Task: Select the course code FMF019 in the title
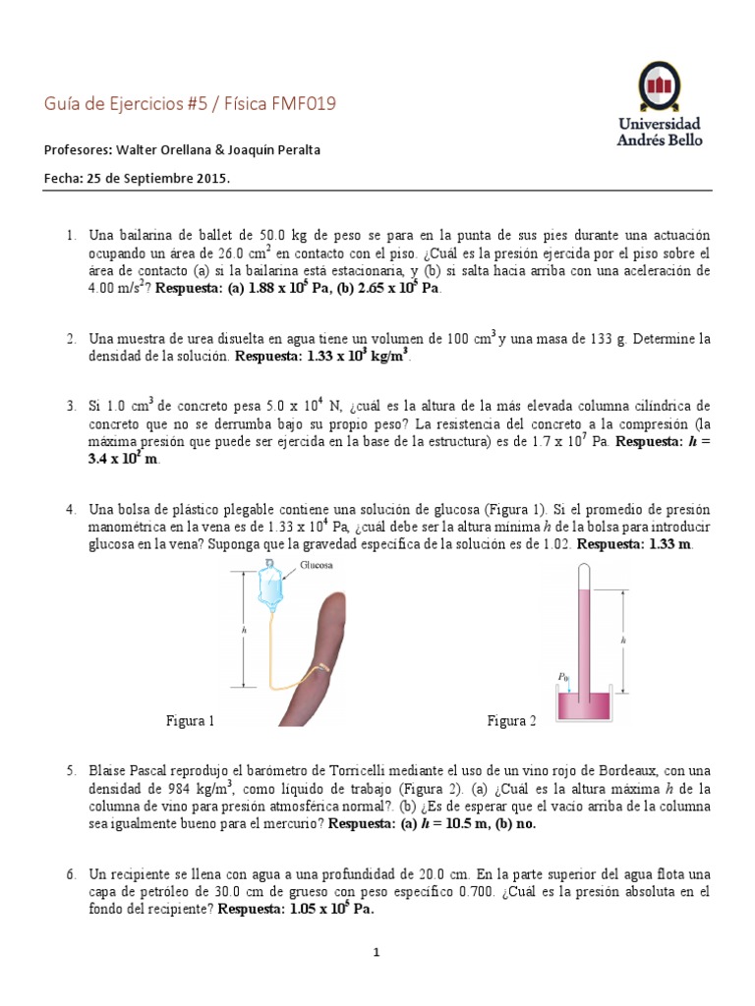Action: [x=305, y=103]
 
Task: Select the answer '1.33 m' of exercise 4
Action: [x=669, y=543]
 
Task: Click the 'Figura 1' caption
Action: [x=190, y=722]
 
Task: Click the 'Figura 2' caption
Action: [x=512, y=722]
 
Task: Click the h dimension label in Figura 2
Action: [x=623, y=639]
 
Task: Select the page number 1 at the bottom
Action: [x=377, y=952]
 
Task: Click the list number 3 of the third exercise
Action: [x=71, y=406]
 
